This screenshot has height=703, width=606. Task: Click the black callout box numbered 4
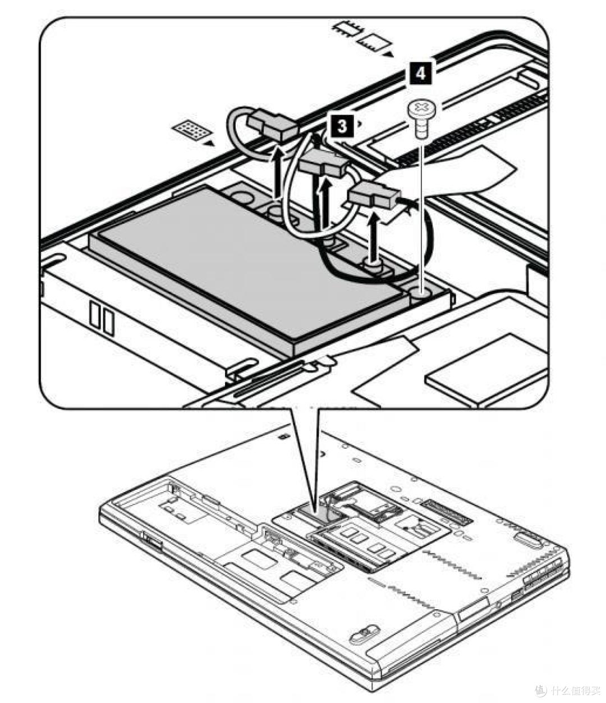421,73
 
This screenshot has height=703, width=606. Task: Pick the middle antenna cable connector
322,164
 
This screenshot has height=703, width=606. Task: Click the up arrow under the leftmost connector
277,171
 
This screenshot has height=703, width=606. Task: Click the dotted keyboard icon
191,130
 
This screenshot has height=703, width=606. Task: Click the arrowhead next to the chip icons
388,55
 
